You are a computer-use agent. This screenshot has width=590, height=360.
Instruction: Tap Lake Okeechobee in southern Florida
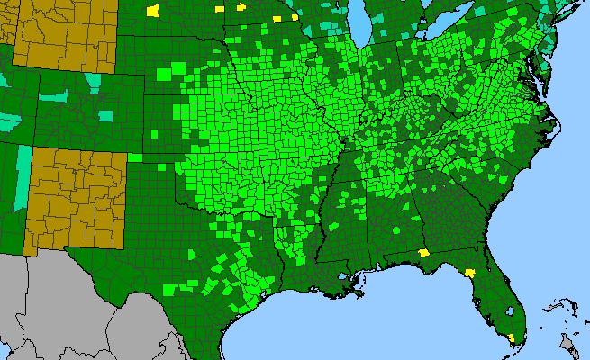[509, 311]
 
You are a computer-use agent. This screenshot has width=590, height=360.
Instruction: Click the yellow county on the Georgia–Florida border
[423, 254]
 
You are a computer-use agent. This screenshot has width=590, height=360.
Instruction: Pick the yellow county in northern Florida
[469, 271]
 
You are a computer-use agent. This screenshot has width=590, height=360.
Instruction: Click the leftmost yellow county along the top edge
[152, 11]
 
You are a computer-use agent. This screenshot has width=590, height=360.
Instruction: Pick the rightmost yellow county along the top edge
[294, 17]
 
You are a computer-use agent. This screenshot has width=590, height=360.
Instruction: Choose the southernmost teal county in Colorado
[106, 115]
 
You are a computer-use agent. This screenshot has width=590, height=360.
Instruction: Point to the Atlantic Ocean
[549, 225]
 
